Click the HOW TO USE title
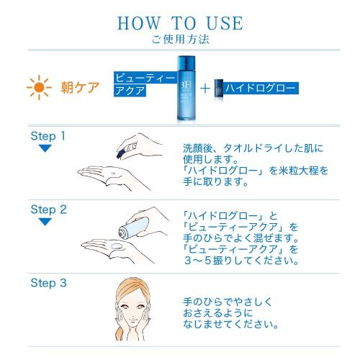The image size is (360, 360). [x=180, y=22]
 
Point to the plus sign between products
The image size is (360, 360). [x=206, y=89]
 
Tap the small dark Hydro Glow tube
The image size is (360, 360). [x=218, y=89]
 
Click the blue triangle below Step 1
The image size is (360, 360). [x=45, y=148]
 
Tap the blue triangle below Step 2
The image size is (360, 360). [x=45, y=222]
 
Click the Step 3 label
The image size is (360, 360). [x=48, y=282]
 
